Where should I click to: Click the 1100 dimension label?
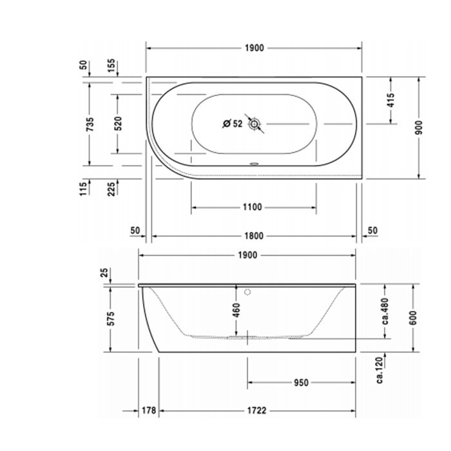pos(253,207)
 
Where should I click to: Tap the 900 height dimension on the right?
pos(419,128)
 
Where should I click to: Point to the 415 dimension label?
pos(390,100)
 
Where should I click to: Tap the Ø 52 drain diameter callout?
pos(232,124)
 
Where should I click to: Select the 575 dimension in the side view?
pos(110,318)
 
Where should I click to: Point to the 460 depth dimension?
pos(236,310)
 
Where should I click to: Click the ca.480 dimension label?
pos(384,311)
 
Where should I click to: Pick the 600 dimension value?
pos(412,317)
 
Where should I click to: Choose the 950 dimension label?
pos(301,382)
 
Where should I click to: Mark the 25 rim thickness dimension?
pos(106,273)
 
